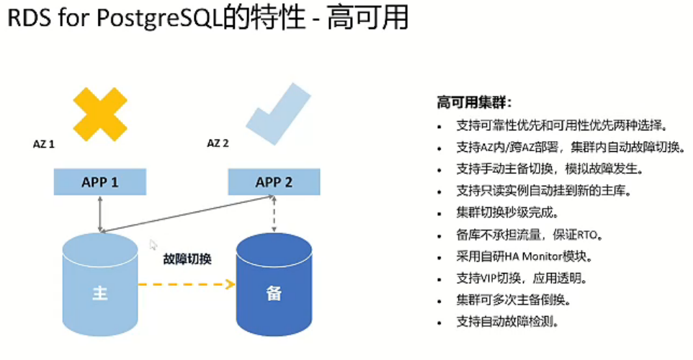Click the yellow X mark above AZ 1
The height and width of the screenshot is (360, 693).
point(100,114)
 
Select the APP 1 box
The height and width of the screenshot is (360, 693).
point(100,182)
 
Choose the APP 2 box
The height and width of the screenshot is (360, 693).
point(274,182)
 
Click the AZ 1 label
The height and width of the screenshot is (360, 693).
point(45,144)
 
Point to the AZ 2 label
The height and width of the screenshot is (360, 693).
point(218,143)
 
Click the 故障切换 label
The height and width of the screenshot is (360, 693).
point(187,258)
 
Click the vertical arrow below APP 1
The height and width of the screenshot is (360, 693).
point(100,213)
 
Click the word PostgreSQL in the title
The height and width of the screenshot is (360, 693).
point(156,19)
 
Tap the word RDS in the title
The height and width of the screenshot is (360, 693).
point(30,19)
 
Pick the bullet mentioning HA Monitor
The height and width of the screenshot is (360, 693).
point(534,256)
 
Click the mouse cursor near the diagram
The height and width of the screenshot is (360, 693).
point(153,246)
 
